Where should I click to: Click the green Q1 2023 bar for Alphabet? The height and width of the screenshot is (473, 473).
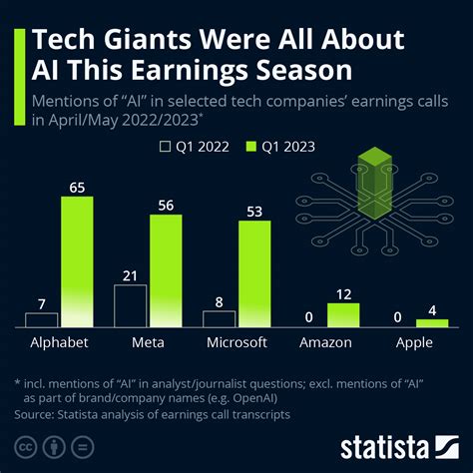point(77,261)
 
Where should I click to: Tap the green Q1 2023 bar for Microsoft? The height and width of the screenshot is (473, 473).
point(254,274)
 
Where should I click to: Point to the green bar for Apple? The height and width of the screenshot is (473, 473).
point(431,323)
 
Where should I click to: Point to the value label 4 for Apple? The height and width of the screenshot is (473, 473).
point(431,308)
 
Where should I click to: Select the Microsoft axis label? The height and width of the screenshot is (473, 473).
point(236,342)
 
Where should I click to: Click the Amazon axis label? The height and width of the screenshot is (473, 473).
point(326,342)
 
